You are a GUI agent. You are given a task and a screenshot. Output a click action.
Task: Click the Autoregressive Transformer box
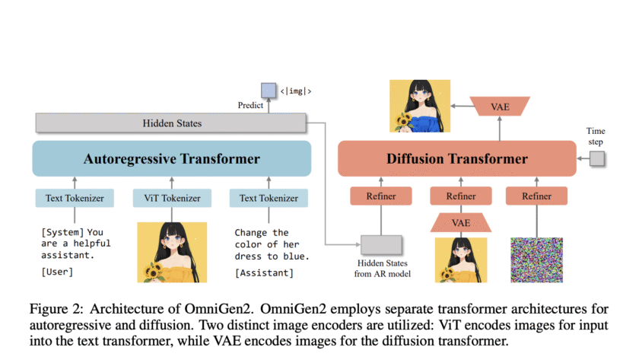[171, 159]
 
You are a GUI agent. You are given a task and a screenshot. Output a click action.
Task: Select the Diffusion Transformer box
[456, 159]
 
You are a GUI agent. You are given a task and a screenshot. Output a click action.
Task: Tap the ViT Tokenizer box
[171, 199]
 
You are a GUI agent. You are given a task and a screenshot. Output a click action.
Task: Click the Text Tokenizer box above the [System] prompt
[75, 199]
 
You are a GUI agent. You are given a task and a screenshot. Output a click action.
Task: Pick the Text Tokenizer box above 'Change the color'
[269, 199]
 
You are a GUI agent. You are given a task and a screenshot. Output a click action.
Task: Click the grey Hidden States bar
[171, 123]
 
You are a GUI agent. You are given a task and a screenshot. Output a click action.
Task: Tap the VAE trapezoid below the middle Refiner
[461, 222]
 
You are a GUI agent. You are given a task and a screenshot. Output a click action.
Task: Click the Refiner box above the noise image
[536, 196]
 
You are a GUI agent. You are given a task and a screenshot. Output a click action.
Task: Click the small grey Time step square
[597, 158]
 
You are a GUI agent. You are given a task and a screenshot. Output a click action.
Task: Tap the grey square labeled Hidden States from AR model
[380, 245]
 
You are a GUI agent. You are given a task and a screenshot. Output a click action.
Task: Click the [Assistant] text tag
[264, 272]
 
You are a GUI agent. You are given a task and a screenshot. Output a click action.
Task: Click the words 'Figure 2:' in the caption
[57, 309]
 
